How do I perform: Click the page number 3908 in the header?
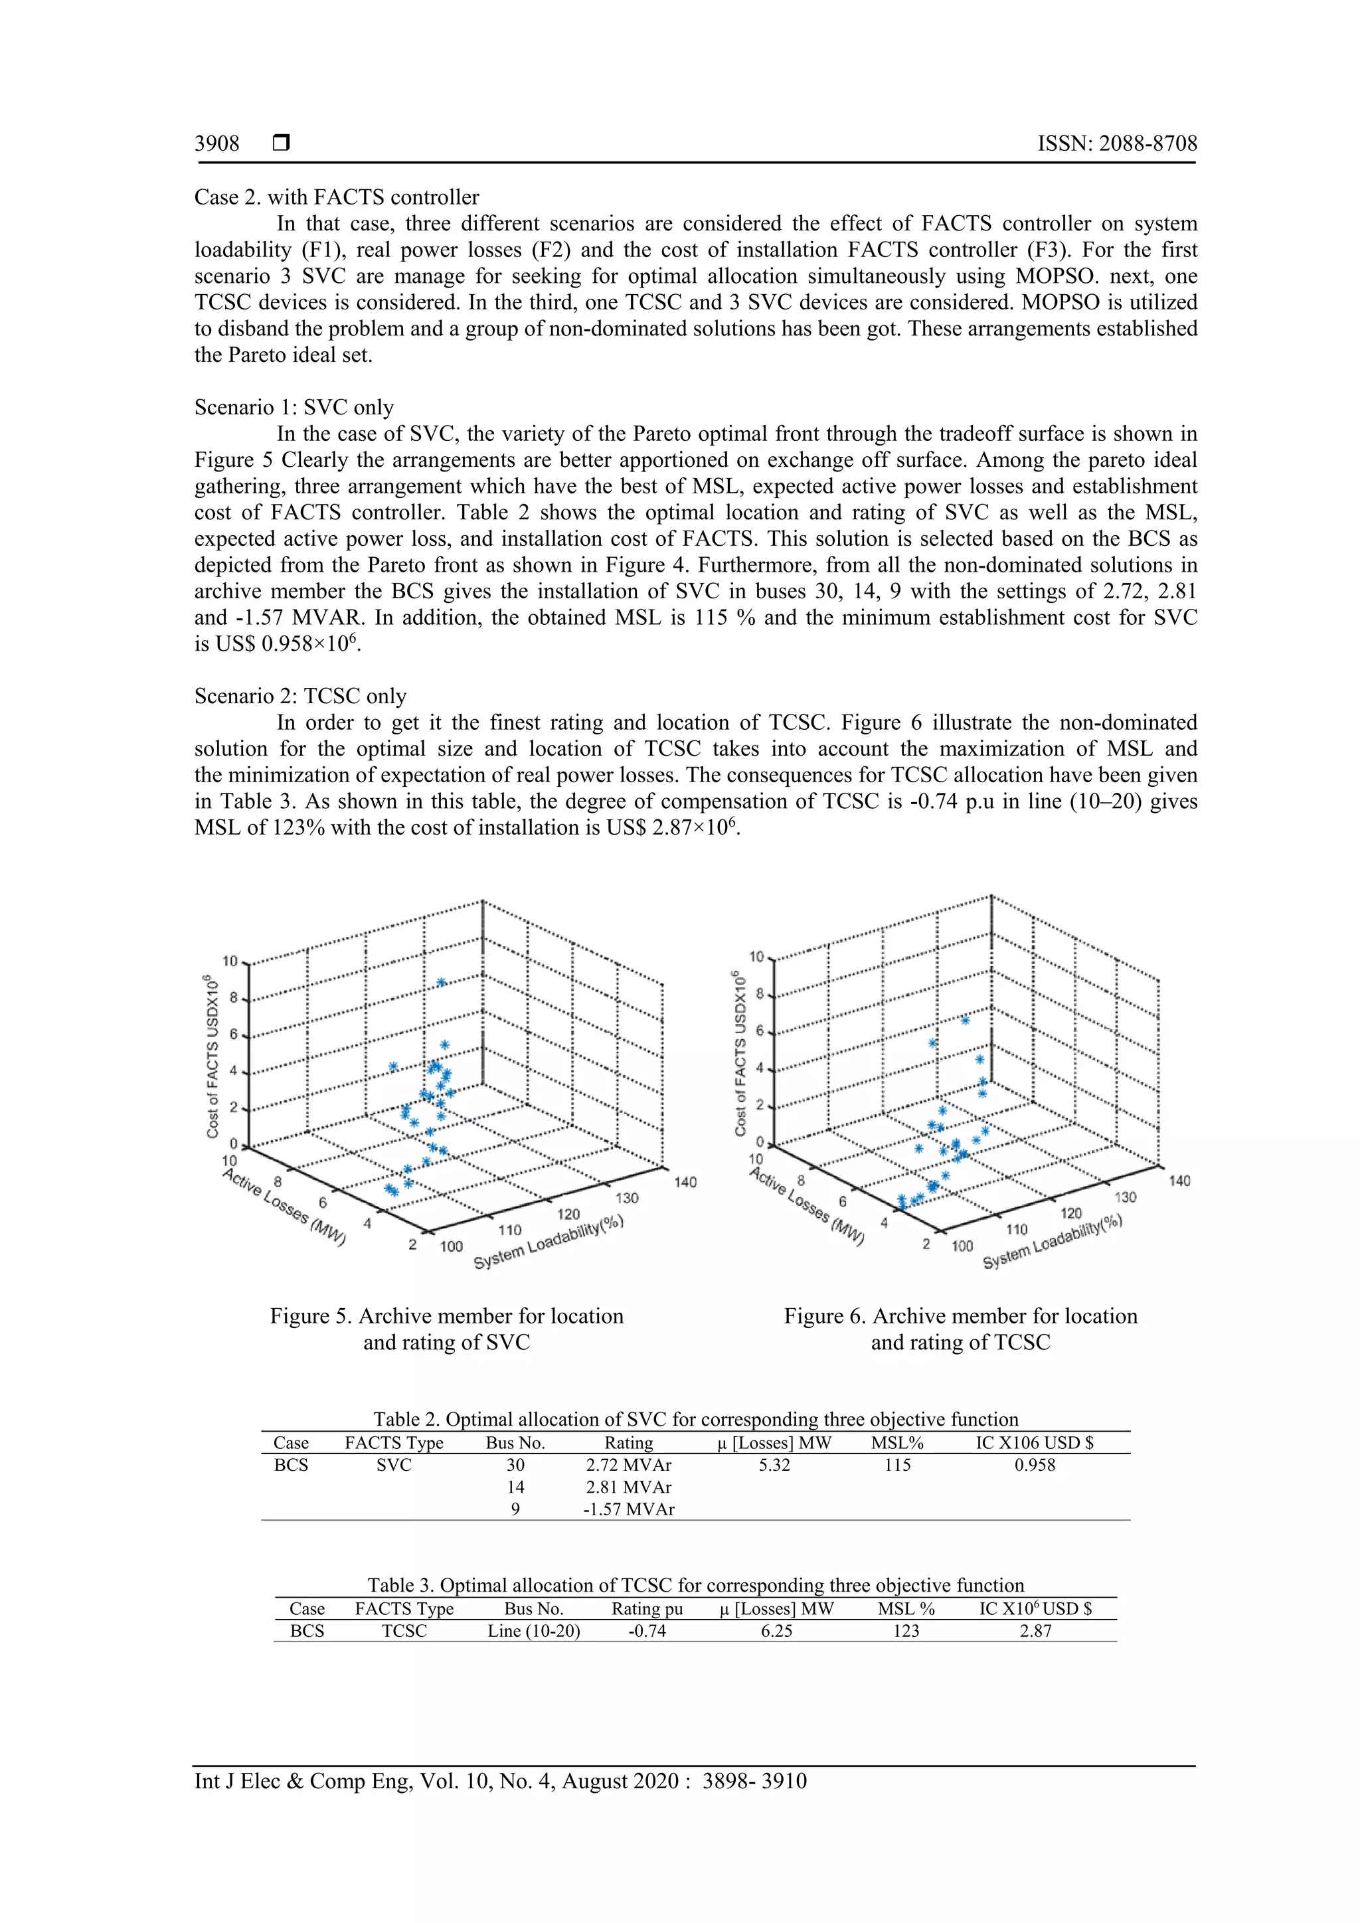(217, 144)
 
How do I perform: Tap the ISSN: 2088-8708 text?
(1116, 144)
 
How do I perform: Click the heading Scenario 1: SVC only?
(294, 408)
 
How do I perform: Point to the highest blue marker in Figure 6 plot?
(965, 1020)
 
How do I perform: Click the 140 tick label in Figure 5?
(685, 1183)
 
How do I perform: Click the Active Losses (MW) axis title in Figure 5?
(285, 1208)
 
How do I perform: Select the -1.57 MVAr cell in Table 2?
(628, 1509)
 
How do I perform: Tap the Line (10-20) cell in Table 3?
(533, 1631)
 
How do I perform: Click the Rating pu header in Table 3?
(647, 1609)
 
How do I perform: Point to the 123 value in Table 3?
(906, 1631)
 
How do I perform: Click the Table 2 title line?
(695, 1420)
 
